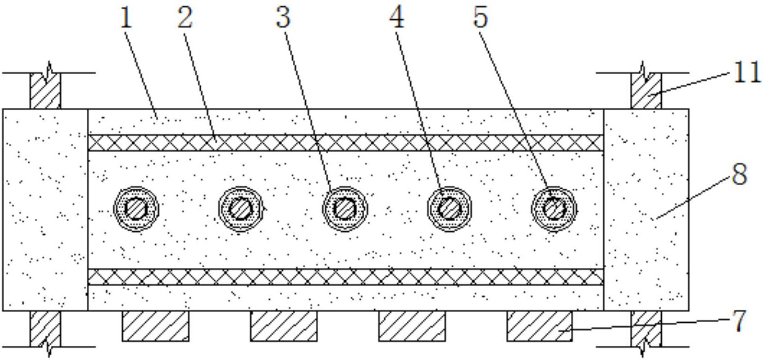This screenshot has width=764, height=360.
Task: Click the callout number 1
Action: click(x=126, y=19)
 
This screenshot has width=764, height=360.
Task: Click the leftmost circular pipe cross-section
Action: click(x=136, y=209)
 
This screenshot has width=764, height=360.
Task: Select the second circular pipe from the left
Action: click(x=241, y=209)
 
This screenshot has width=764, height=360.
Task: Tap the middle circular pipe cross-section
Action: click(x=345, y=209)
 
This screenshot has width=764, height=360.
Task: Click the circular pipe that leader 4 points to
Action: click(x=450, y=209)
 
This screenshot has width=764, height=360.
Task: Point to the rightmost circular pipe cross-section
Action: click(x=554, y=209)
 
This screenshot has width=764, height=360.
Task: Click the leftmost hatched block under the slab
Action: click(x=155, y=326)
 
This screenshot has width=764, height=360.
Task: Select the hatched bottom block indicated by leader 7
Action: click(x=539, y=326)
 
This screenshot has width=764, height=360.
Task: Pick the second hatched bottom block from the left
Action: click(x=284, y=326)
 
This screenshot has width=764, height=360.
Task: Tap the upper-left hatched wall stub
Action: click(x=45, y=91)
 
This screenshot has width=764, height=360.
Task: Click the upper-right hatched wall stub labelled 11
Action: click(x=646, y=91)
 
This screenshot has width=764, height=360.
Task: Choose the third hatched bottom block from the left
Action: click(x=412, y=326)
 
